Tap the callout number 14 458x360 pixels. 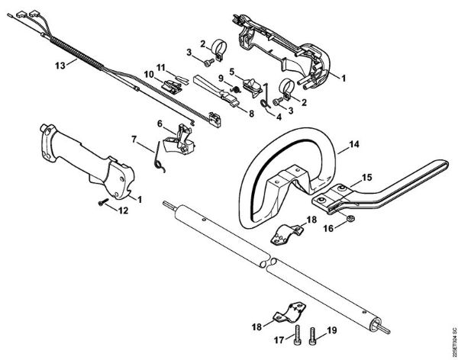tap(353, 143)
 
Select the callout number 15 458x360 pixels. tap(366, 177)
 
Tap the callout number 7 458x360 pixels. tap(134, 139)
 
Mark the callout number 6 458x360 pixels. tap(160, 123)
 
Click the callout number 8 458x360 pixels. tap(250, 112)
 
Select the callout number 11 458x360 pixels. tap(162, 67)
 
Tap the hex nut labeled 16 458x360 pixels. tap(347, 220)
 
